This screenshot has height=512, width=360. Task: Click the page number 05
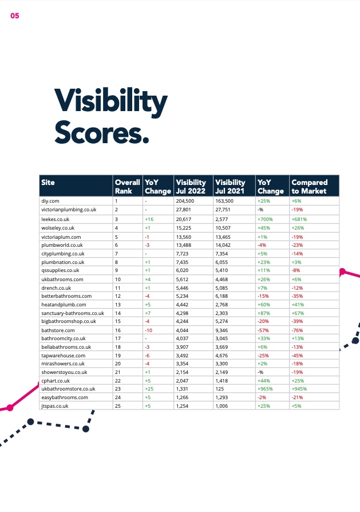[x=15, y=16]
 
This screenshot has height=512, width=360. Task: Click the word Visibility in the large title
[x=110, y=102]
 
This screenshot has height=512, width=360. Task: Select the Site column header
[x=48, y=183]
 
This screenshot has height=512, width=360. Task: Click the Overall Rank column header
[x=127, y=187]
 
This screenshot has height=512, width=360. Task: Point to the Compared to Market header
[x=309, y=187]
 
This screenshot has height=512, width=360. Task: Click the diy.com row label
[x=50, y=201]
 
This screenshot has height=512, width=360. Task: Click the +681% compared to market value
[x=300, y=219]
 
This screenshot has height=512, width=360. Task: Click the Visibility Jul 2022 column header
[x=191, y=187]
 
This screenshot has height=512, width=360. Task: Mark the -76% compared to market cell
[x=298, y=330]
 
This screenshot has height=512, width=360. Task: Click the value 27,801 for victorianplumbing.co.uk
[x=184, y=210]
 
